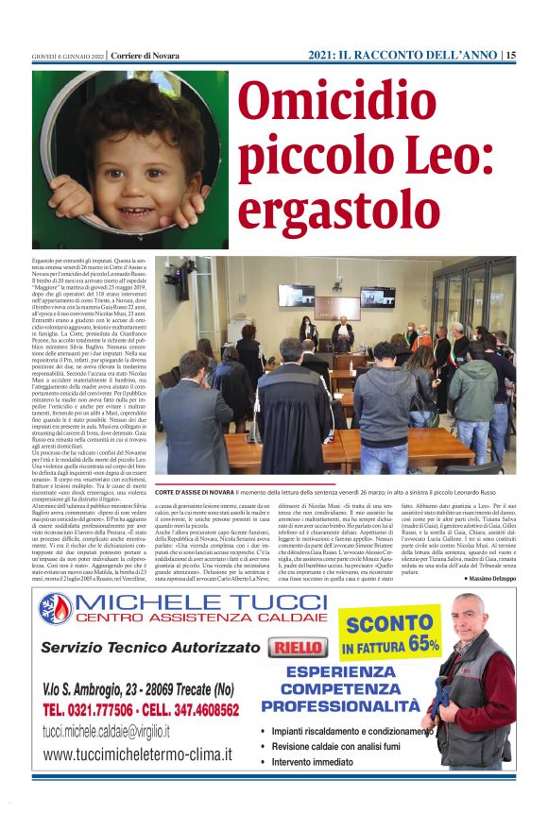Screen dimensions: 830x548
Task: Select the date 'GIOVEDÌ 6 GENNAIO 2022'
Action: click(x=66, y=56)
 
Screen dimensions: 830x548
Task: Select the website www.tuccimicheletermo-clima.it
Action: click(x=138, y=754)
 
